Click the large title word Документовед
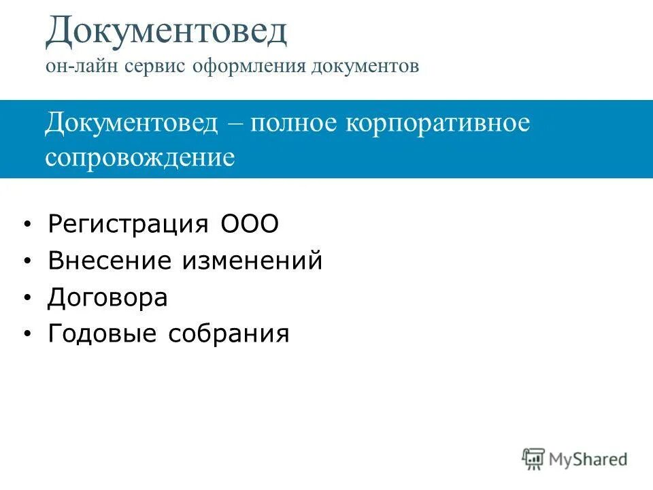click(166, 31)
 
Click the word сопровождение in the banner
click(140, 158)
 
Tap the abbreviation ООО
click(250, 225)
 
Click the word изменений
click(251, 261)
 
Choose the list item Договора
click(107, 297)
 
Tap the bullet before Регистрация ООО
click(27, 225)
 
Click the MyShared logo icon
click(534, 459)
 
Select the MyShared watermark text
click(588, 459)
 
